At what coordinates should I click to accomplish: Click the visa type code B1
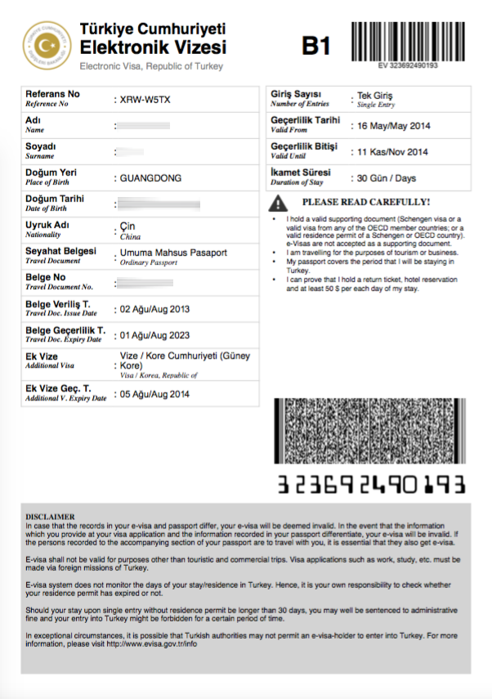[316, 47]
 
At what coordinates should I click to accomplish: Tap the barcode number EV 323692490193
[408, 65]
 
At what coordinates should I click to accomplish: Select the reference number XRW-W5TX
[146, 100]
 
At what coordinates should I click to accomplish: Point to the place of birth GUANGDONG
[150, 177]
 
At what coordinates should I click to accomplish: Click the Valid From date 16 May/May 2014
[389, 126]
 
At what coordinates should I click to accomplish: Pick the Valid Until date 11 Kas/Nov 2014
[389, 152]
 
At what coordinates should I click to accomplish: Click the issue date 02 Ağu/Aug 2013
[154, 309]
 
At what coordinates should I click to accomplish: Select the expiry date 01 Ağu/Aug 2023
[154, 335]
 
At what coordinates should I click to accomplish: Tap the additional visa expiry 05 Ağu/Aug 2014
[154, 393]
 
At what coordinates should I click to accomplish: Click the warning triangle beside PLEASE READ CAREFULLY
[278, 203]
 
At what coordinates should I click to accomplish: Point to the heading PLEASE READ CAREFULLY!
[365, 202]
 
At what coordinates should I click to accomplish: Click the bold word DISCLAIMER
[51, 517]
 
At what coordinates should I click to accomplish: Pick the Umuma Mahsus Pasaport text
[173, 253]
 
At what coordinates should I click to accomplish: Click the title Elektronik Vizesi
[153, 47]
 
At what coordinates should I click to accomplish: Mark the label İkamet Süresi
[301, 173]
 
